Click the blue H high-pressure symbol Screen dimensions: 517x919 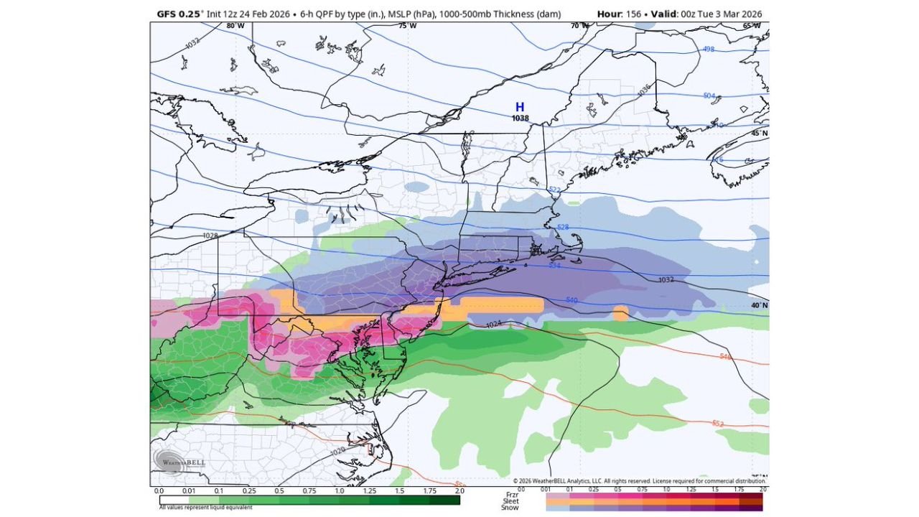pos(520,107)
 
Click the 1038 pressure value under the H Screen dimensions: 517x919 pos(520,118)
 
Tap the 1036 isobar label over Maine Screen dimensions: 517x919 pos(643,89)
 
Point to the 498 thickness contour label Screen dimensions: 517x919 pos(709,50)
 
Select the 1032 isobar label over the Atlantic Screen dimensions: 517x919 pos(666,279)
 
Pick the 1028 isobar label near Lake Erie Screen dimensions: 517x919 pos(210,236)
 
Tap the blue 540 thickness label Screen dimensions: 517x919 pos(572,299)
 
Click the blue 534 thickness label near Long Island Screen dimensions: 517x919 pos(554,266)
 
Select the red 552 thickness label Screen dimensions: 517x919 pos(717,424)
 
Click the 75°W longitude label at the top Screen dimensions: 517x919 pos(407,26)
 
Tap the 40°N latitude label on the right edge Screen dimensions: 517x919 pos(760,305)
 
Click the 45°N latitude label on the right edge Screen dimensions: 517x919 pos(760,134)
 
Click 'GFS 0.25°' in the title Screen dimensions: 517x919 pos(180,14)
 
